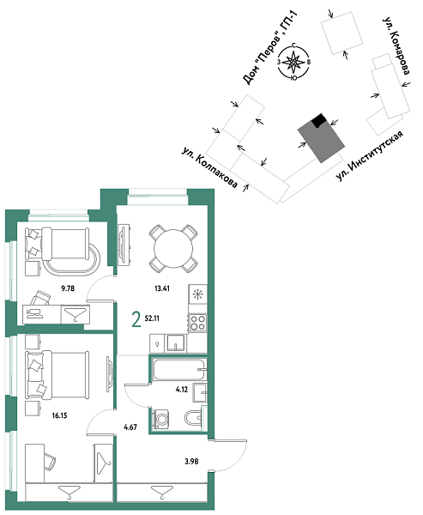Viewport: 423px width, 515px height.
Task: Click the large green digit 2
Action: tap(135, 320)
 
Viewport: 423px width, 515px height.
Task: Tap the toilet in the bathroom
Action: tap(193, 419)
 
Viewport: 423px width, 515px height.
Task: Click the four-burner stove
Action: tap(196, 324)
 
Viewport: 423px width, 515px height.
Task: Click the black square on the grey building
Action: tap(319, 121)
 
